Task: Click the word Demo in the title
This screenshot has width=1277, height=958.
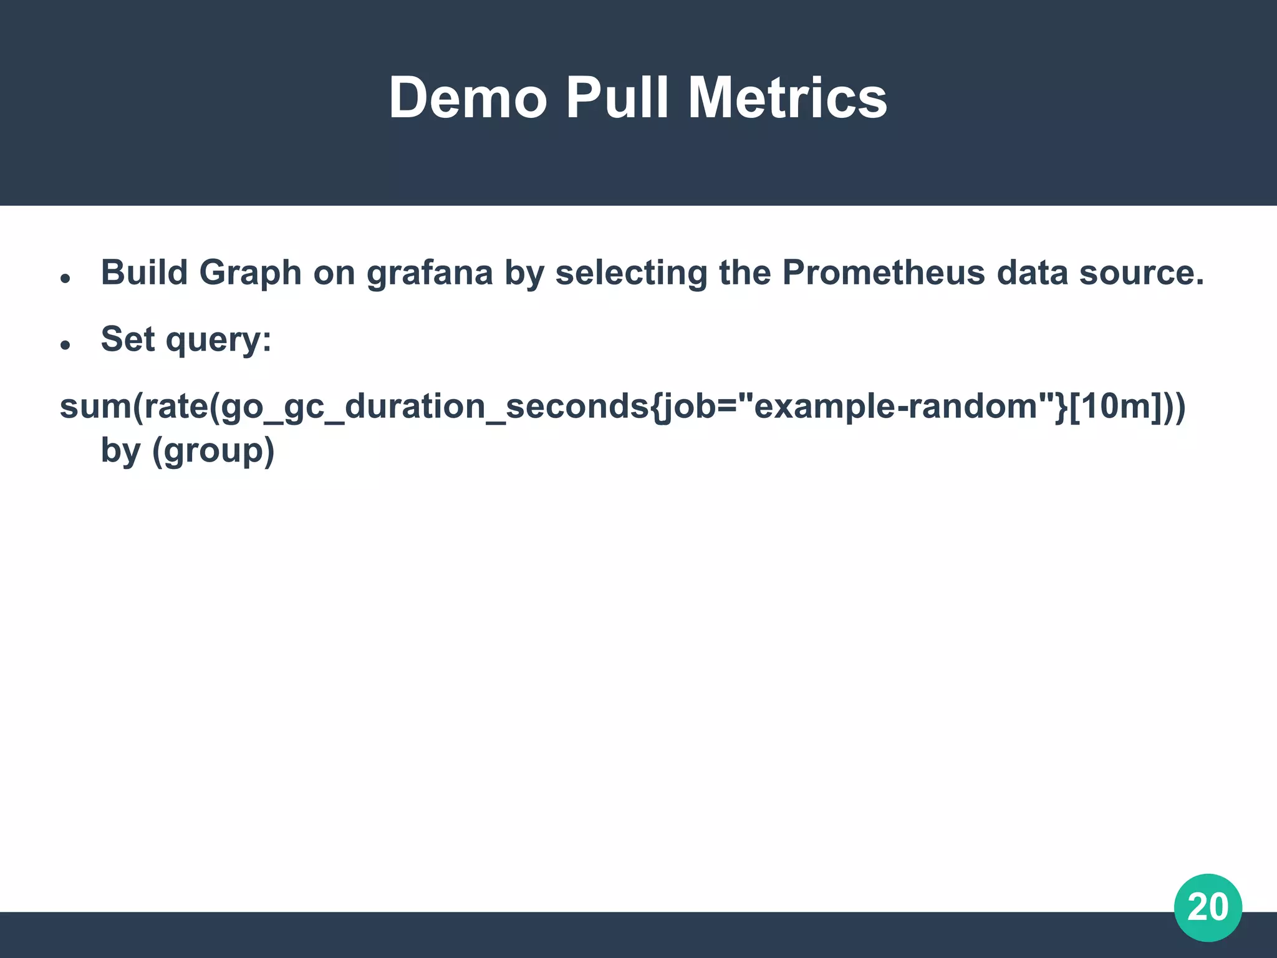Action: [468, 98]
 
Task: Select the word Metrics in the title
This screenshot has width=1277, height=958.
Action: [787, 98]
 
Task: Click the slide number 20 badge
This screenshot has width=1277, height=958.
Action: [1208, 907]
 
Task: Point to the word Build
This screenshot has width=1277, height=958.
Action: [144, 273]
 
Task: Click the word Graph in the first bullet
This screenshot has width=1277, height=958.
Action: [250, 274]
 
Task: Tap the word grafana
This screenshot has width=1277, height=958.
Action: [430, 274]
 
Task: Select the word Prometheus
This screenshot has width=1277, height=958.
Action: [884, 273]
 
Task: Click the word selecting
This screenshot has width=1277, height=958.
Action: [631, 274]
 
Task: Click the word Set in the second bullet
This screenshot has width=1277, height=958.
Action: [128, 339]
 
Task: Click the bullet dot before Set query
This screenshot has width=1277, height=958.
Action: [65, 345]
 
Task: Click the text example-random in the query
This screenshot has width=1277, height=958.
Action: [895, 407]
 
